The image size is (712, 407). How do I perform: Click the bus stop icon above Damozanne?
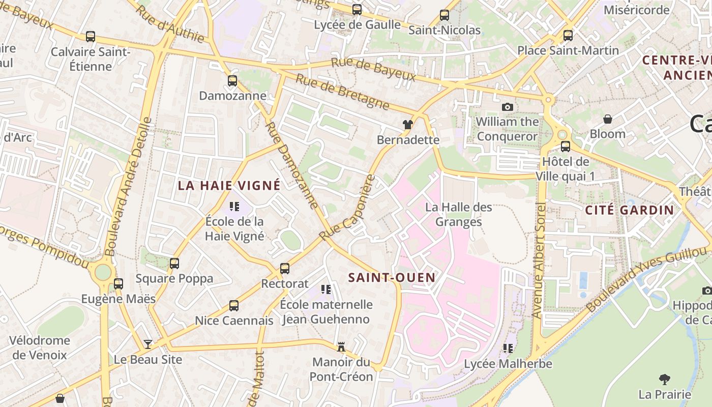(232, 80)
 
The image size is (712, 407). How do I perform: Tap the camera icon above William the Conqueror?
(507, 107)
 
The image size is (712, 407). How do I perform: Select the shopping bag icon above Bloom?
(607, 119)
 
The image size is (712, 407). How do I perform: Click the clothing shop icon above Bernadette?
(407, 124)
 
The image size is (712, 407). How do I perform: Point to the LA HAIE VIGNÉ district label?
(229, 185)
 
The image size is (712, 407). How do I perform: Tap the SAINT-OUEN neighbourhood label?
(392, 277)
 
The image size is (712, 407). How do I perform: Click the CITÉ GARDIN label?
(629, 210)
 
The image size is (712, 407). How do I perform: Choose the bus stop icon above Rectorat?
(285, 268)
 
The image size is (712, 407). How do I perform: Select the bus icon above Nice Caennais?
(234, 306)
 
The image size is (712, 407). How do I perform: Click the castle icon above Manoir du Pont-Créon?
(341, 347)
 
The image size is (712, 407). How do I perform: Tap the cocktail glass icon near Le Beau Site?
(147, 344)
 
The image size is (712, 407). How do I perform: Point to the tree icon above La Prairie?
(664, 379)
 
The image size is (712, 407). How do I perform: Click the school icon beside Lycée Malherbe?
(508, 348)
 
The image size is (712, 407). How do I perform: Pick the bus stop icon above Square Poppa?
(174, 264)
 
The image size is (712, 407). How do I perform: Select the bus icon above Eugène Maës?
(118, 283)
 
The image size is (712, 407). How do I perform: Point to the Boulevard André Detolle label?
(128, 187)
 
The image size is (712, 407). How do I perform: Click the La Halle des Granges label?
(459, 214)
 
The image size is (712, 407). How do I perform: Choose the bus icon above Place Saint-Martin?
(568, 36)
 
